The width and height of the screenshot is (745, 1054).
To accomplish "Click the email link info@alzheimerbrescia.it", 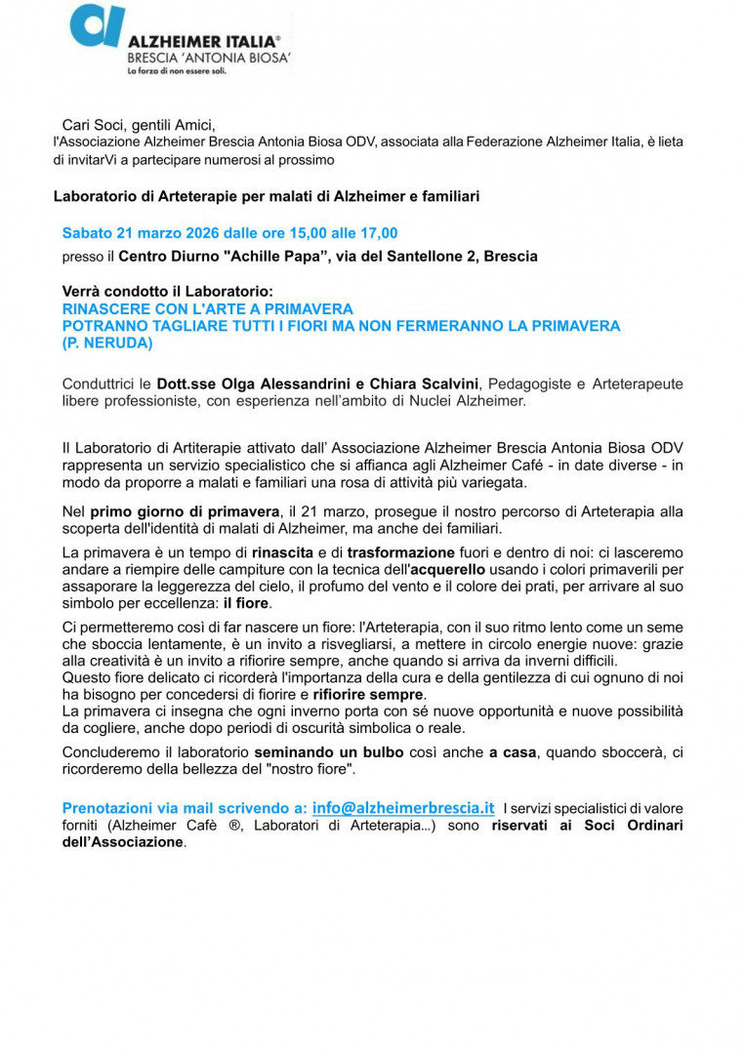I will pyautogui.click(x=403, y=808).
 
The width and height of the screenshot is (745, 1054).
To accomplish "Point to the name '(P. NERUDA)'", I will pyautogui.click(x=107, y=344).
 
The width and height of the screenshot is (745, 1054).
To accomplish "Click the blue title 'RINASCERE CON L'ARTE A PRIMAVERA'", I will pyautogui.click(x=207, y=308).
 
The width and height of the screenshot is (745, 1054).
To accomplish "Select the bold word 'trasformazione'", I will pyautogui.click(x=400, y=552).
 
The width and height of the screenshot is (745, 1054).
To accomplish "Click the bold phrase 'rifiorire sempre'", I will pyautogui.click(x=368, y=694).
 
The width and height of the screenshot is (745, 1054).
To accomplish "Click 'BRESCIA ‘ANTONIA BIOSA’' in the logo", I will pyautogui.click(x=208, y=58).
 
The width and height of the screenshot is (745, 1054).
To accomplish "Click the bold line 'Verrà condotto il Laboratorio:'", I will pyautogui.click(x=168, y=292).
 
